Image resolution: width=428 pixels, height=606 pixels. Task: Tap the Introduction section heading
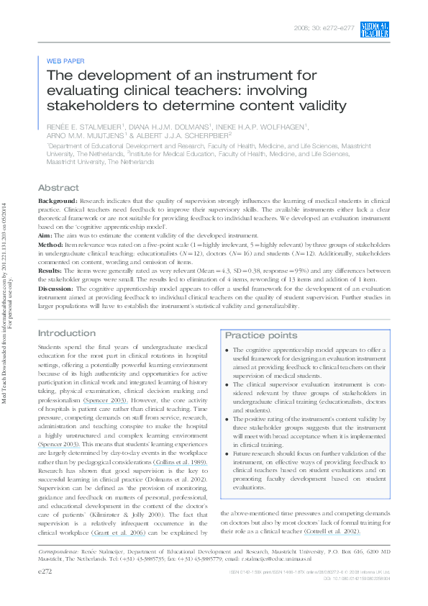coord(65,333)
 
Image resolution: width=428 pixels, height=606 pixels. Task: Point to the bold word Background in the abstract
coord(57,201)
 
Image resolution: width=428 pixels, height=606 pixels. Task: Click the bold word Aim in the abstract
coord(45,235)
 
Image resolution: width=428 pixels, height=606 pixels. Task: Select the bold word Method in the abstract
coord(51,245)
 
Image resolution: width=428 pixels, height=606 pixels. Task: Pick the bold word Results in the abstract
coord(52,270)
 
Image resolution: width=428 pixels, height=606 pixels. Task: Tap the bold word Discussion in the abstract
coord(58,288)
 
